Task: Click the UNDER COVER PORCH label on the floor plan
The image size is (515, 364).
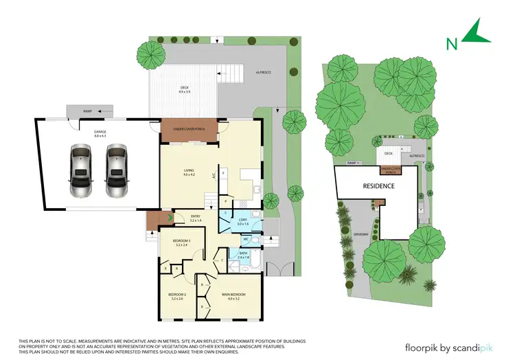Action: pyautogui.click(x=190, y=128)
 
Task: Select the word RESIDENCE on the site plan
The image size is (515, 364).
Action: pyautogui.click(x=378, y=186)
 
